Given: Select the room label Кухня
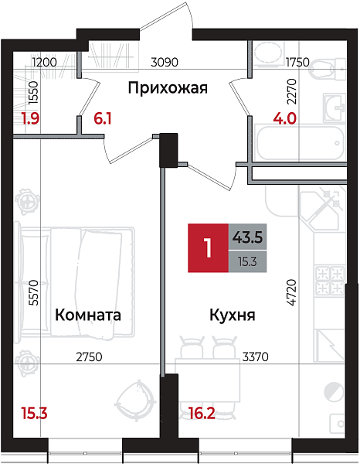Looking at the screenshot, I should point(232,316).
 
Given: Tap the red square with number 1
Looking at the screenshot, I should point(207,247).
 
